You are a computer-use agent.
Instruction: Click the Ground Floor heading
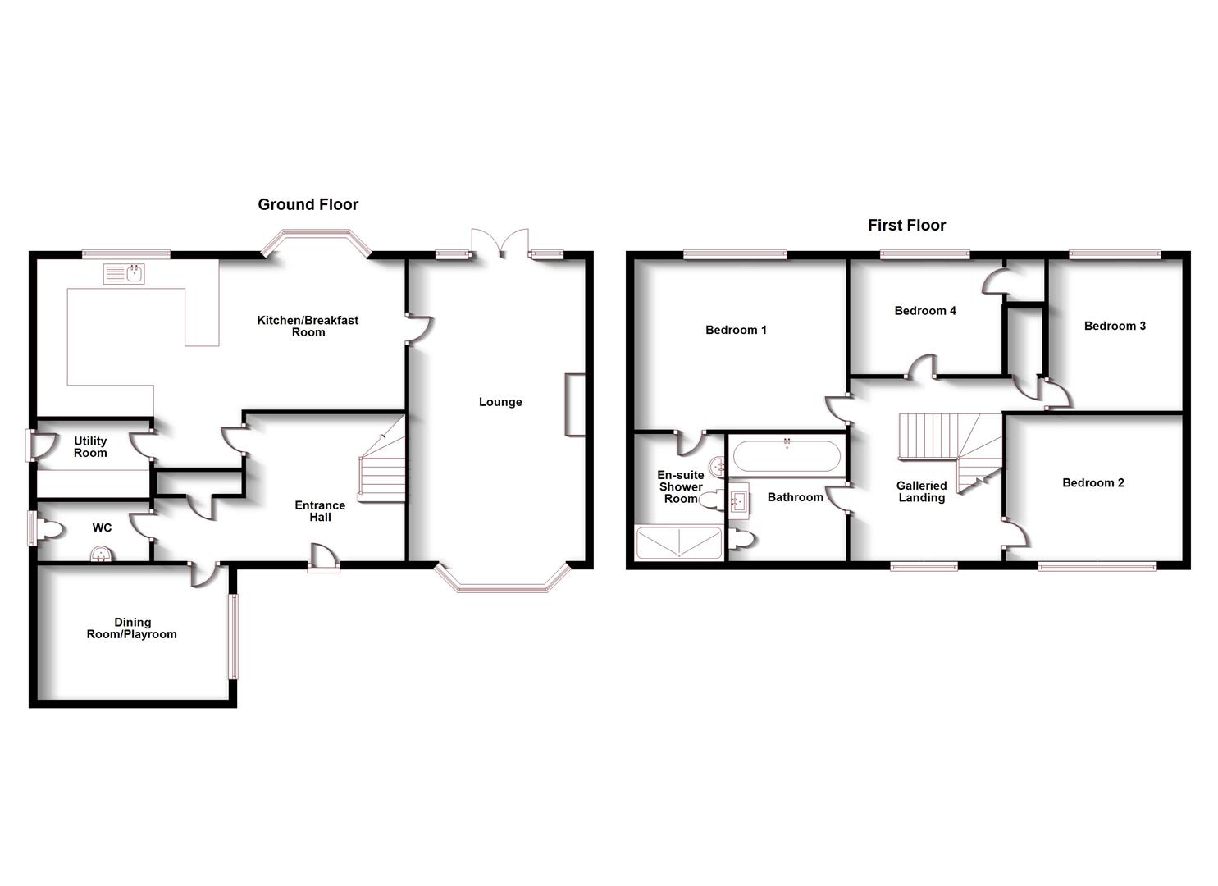tap(308, 204)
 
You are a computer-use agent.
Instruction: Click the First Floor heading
tap(906, 225)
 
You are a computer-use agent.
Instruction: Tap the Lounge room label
tap(500, 402)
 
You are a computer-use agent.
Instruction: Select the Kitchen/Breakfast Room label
tap(308, 326)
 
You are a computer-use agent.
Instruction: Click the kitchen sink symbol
tap(124, 274)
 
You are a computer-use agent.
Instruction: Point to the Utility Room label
tap(90, 447)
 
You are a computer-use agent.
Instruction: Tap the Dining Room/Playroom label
tap(132, 628)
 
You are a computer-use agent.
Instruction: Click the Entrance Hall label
tap(320, 511)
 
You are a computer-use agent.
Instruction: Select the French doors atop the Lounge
tap(501, 244)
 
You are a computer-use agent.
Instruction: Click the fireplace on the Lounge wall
tap(575, 404)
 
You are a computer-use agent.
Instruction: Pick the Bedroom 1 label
tap(736, 330)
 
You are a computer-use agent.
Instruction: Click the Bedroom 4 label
tap(925, 311)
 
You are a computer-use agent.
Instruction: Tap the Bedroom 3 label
tap(1115, 326)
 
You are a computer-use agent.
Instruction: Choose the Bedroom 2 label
tap(1093, 482)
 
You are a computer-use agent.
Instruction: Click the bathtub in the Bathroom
tap(787, 456)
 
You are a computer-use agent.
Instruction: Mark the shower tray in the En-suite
tap(679, 543)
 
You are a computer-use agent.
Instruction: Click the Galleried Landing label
tap(921, 491)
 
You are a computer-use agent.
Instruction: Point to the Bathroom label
tap(795, 497)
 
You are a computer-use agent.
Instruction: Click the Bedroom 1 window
tap(735, 254)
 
